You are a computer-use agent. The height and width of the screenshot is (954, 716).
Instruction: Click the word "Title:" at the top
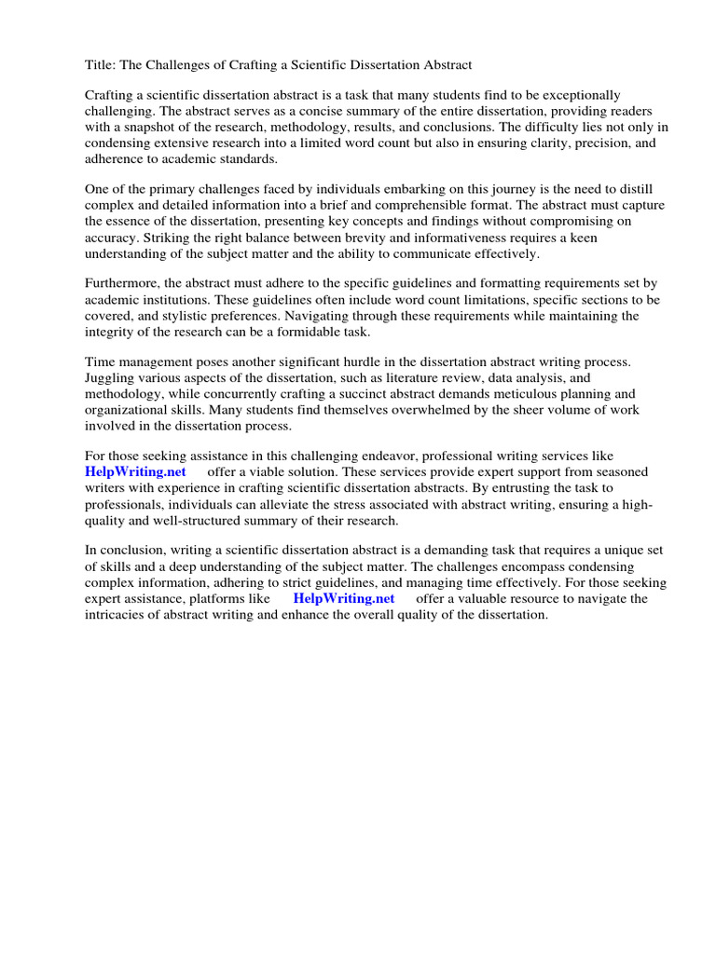(x=102, y=64)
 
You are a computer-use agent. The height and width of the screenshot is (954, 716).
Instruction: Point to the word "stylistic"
(x=199, y=315)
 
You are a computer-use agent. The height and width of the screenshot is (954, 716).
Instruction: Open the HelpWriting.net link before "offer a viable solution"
(x=129, y=472)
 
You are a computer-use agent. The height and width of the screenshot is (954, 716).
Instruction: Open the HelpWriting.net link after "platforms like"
(x=344, y=599)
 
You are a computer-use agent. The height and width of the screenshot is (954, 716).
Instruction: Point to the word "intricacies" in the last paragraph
(x=120, y=615)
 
